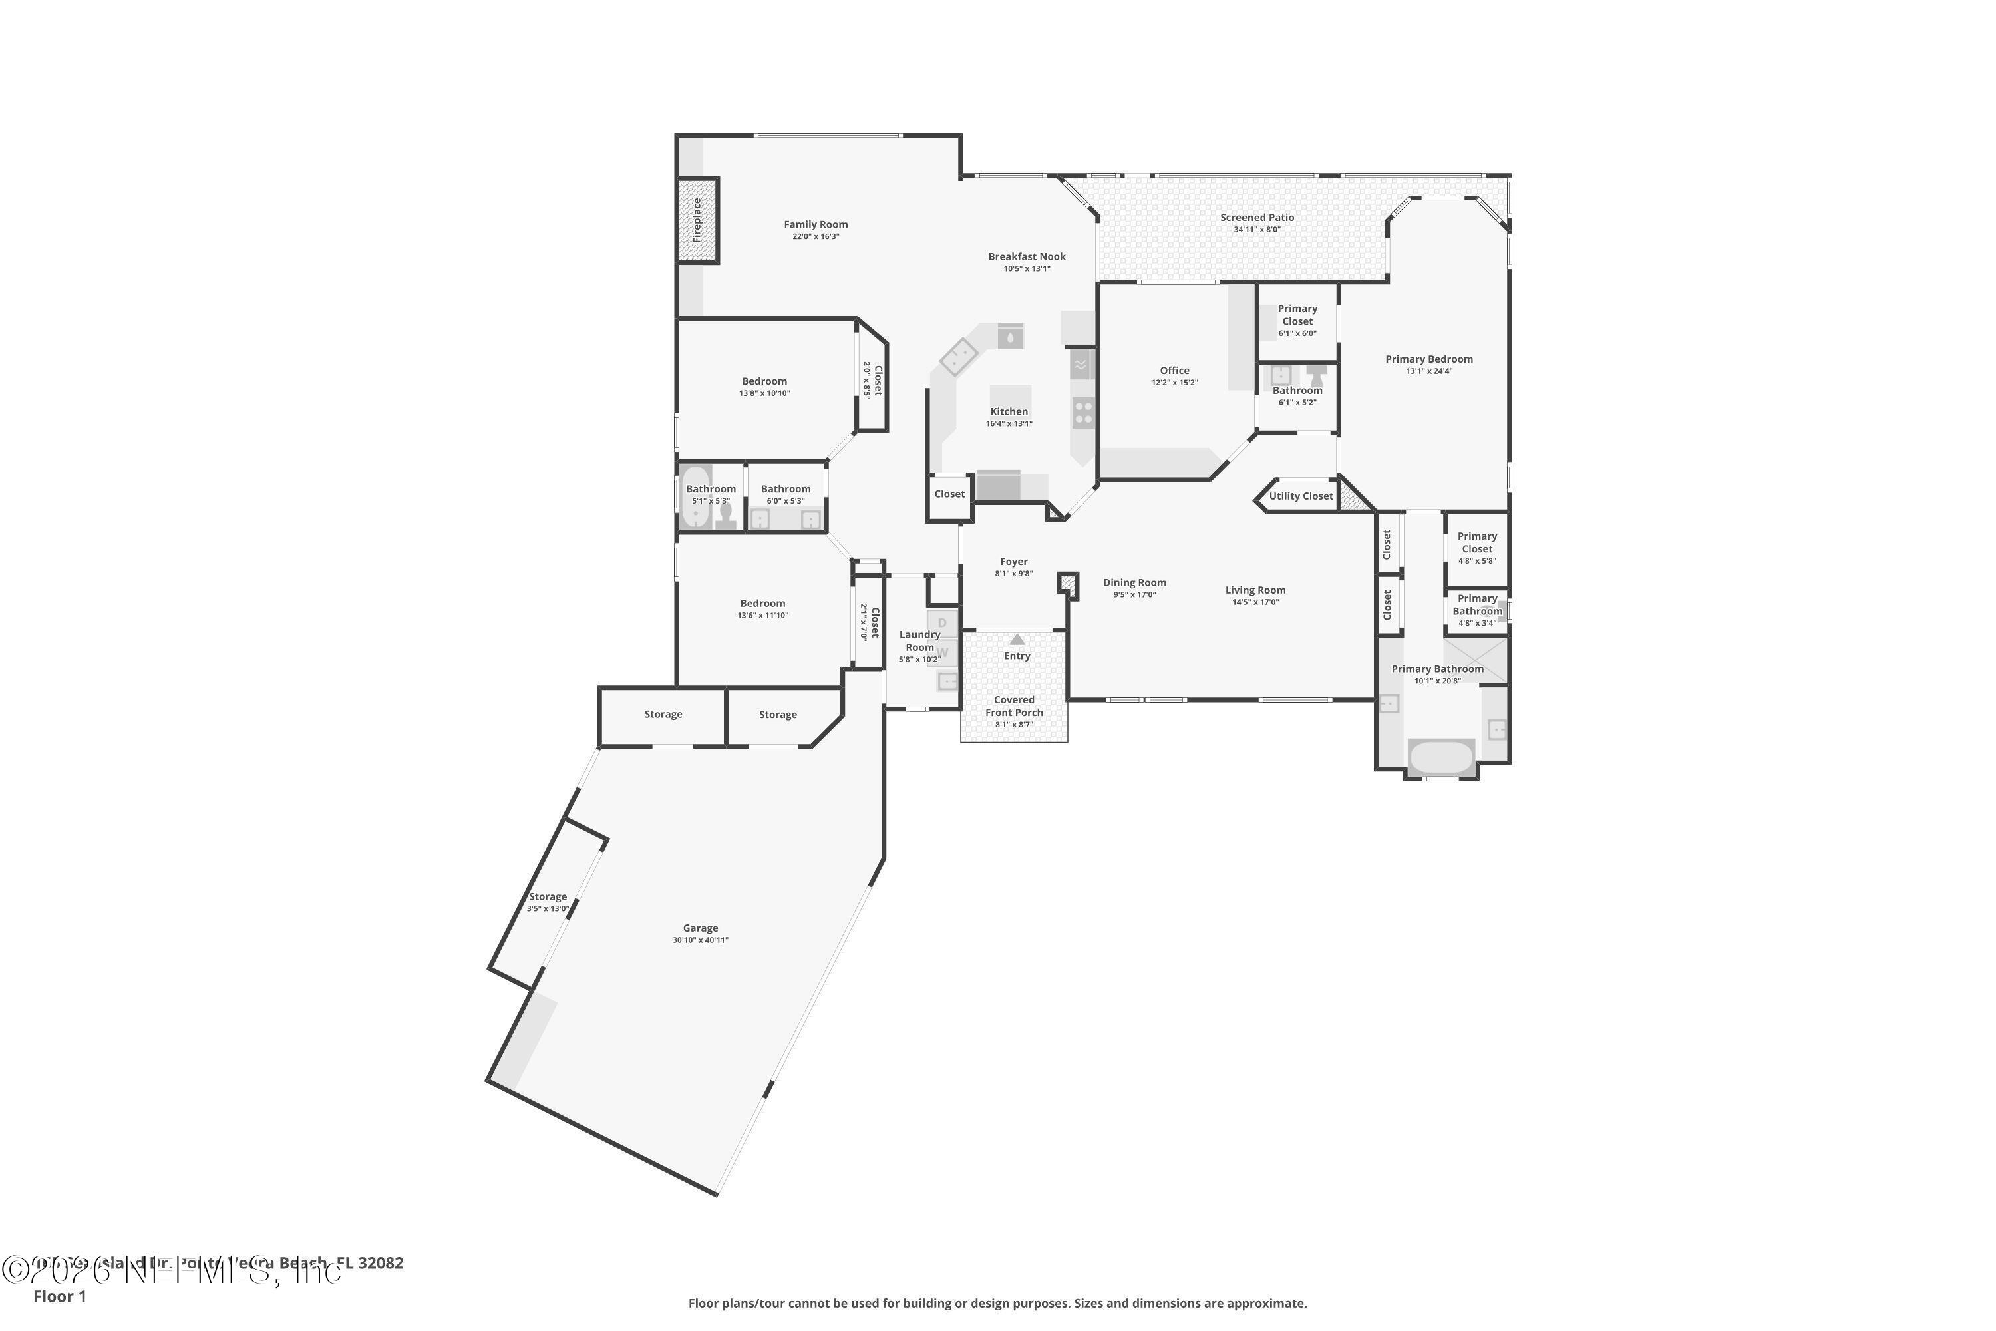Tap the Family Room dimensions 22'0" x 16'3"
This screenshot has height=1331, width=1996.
pos(816,237)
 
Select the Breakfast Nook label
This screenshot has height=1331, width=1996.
pos(1027,256)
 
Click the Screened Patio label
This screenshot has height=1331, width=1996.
pos(1257,218)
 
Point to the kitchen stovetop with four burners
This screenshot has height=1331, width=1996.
pos(1084,413)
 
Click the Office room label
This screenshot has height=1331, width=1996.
pos(1174,370)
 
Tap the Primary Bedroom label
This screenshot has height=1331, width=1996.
pos(1429,359)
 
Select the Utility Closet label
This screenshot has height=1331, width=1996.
pos(1301,496)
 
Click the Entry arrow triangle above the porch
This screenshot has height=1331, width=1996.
pos(1017,638)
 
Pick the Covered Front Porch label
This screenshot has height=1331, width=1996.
pos(1014,706)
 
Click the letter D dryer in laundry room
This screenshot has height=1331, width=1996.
pos(942,623)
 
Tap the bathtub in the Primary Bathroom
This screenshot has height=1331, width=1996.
pos(1441,756)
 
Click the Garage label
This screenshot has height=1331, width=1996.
pos(700,928)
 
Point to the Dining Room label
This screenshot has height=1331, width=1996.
pos(1134,582)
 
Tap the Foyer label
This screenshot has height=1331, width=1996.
pos(1013,561)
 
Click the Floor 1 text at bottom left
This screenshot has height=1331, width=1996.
pos(59,1296)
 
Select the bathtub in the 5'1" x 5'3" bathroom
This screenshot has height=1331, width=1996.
pos(696,496)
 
